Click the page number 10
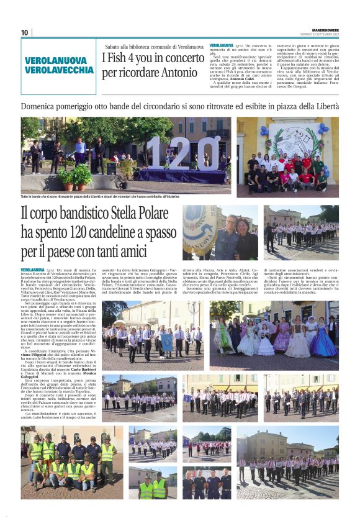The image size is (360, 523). (x=24, y=32)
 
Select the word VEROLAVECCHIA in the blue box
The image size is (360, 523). (x=60, y=70)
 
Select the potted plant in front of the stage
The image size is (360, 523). (x=79, y=176)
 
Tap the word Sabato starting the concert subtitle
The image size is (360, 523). (x=114, y=46)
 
